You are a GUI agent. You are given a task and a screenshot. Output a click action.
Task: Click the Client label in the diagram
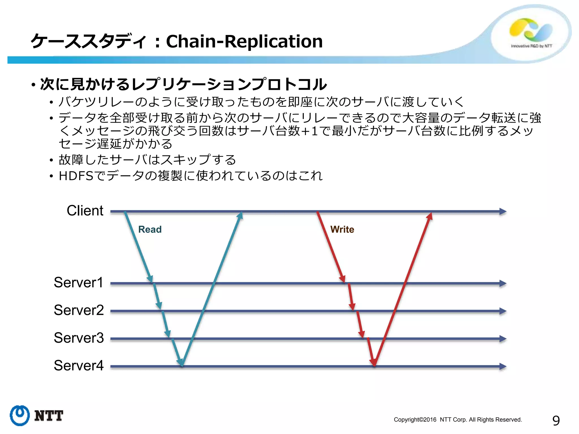click(85, 211)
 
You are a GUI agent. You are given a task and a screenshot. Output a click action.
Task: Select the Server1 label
click(79, 283)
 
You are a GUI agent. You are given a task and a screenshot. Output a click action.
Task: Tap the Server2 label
click(79, 310)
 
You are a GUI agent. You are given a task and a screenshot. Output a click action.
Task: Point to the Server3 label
click(79, 338)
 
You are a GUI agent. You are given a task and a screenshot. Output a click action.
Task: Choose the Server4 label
click(79, 366)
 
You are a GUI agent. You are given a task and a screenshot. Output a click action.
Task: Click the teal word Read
click(150, 229)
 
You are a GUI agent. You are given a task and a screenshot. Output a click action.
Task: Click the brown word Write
click(342, 229)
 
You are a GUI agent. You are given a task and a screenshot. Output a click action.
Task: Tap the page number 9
click(556, 421)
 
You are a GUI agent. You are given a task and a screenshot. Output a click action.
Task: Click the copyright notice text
click(458, 420)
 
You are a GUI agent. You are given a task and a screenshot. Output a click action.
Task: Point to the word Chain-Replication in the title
click(244, 41)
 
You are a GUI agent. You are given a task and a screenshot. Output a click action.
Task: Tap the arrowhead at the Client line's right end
click(503, 211)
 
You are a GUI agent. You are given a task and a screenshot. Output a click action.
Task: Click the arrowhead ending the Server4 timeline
click(503, 366)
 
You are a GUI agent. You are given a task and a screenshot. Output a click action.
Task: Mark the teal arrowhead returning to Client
click(240, 215)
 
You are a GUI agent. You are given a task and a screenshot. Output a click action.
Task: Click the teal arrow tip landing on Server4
click(180, 363)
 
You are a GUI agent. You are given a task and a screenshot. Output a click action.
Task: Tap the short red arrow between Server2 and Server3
click(360, 324)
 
